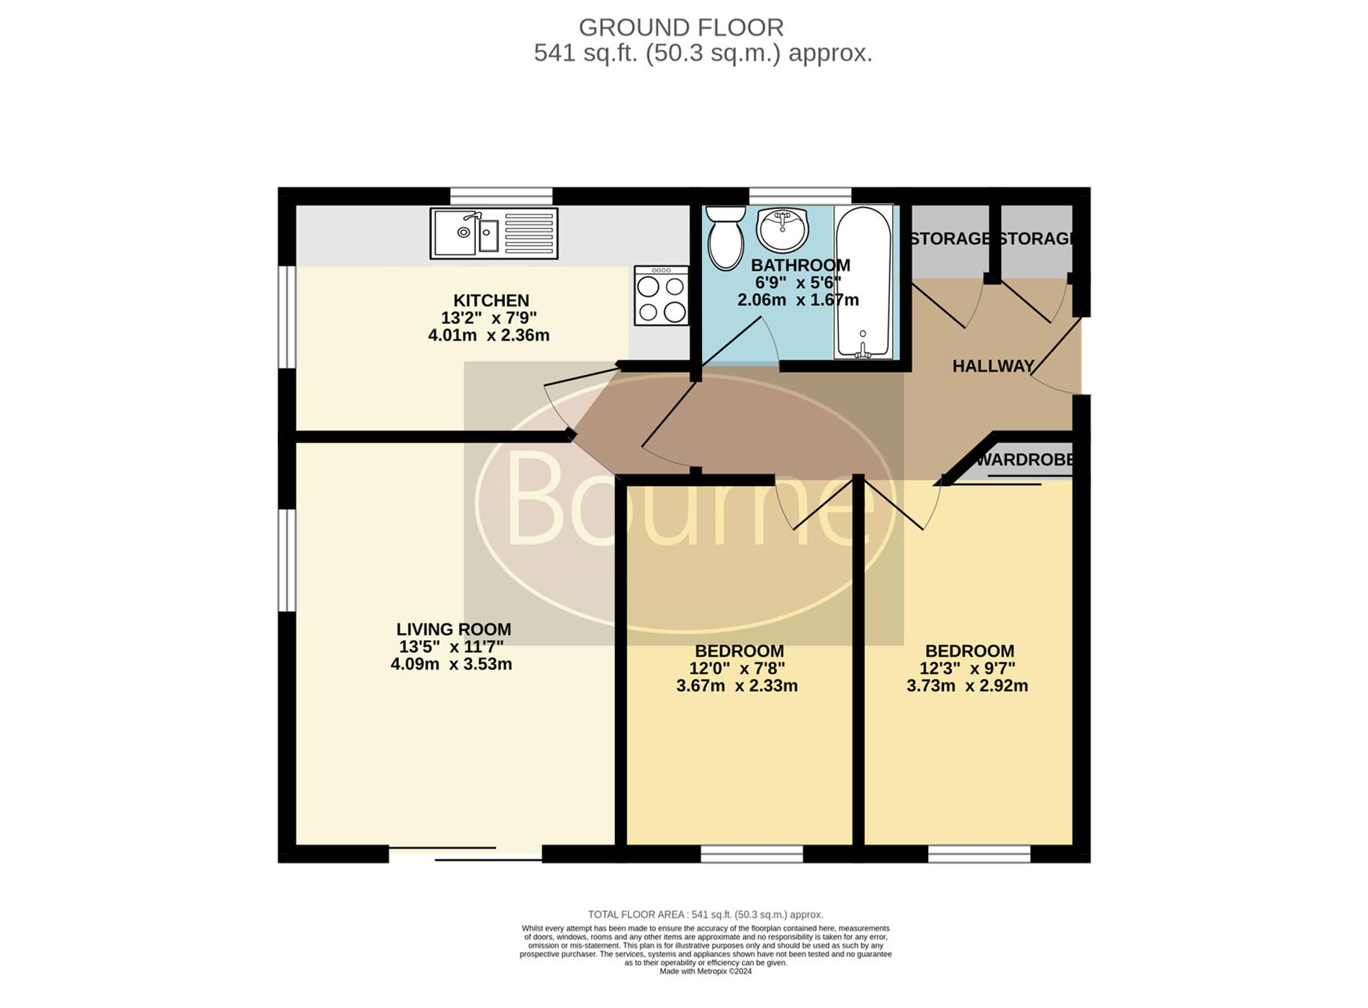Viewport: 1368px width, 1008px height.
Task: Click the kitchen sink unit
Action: [494, 233]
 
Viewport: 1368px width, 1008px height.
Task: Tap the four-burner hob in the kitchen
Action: [661, 295]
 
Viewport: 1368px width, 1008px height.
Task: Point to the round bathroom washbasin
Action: [783, 230]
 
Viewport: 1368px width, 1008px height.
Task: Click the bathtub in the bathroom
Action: [863, 282]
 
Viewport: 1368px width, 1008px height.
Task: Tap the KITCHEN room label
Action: [491, 300]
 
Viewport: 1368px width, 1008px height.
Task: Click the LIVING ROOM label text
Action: [454, 629]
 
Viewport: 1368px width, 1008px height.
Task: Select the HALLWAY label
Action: [993, 366]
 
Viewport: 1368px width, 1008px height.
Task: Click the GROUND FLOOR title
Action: [681, 27]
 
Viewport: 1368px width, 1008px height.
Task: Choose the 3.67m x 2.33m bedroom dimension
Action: [737, 686]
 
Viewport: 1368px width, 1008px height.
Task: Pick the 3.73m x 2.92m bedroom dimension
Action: [967, 686]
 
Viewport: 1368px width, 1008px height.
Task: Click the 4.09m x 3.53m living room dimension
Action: [451, 665]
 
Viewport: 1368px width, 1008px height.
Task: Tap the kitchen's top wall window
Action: [501, 196]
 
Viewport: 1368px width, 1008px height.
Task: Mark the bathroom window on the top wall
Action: [800, 196]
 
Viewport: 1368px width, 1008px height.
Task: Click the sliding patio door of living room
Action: [465, 854]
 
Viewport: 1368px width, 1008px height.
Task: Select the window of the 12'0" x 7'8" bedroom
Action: [752, 854]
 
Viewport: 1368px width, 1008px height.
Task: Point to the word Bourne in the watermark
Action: [690, 500]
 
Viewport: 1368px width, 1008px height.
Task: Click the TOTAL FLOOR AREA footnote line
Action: [706, 915]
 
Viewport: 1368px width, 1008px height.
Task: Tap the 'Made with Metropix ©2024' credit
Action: [706, 971]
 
